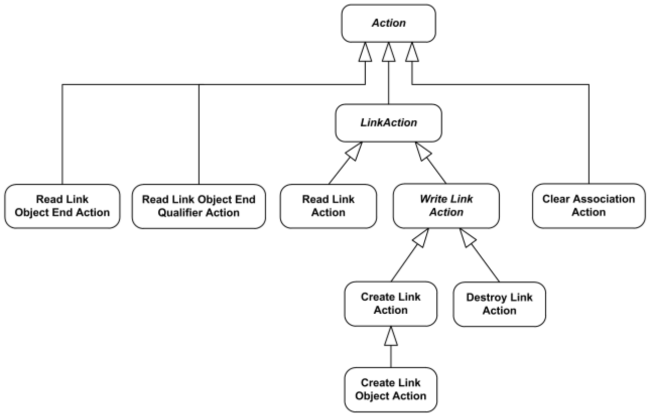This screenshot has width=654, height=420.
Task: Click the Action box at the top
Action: click(388, 23)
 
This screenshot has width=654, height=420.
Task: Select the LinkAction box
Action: click(388, 122)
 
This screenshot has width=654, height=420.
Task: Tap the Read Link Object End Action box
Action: click(62, 206)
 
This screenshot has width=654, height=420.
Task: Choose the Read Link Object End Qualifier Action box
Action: click(199, 206)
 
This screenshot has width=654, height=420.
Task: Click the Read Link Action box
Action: click(328, 206)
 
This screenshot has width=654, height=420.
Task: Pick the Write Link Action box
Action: click(446, 206)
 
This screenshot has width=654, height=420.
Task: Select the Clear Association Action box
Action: click(588, 206)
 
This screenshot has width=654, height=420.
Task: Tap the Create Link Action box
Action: click(390, 304)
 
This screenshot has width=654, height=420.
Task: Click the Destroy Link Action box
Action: click(499, 304)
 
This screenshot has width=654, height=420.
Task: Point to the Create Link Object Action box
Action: click(390, 389)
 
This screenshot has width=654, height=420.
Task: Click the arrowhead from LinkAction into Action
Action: click(388, 52)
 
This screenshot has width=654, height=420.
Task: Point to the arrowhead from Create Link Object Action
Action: click(390, 336)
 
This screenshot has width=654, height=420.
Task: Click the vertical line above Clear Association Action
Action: click(588, 136)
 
